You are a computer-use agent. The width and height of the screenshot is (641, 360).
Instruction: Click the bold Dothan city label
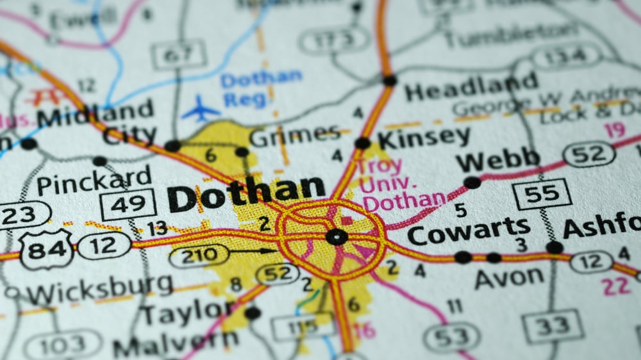pos(246,193)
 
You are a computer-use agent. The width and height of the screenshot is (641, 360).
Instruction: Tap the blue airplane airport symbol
pos(200,109)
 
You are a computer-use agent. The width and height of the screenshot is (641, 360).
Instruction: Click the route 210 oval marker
pos(199,256)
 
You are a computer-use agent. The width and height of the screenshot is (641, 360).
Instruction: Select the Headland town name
pos(471,88)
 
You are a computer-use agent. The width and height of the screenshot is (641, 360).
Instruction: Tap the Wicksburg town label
pos(99,291)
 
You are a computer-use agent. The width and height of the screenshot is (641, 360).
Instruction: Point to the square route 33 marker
pos(553,327)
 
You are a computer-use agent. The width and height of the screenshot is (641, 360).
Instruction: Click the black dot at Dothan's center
pos(335,237)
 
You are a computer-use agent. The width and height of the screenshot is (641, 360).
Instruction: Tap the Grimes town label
pos(294,136)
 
